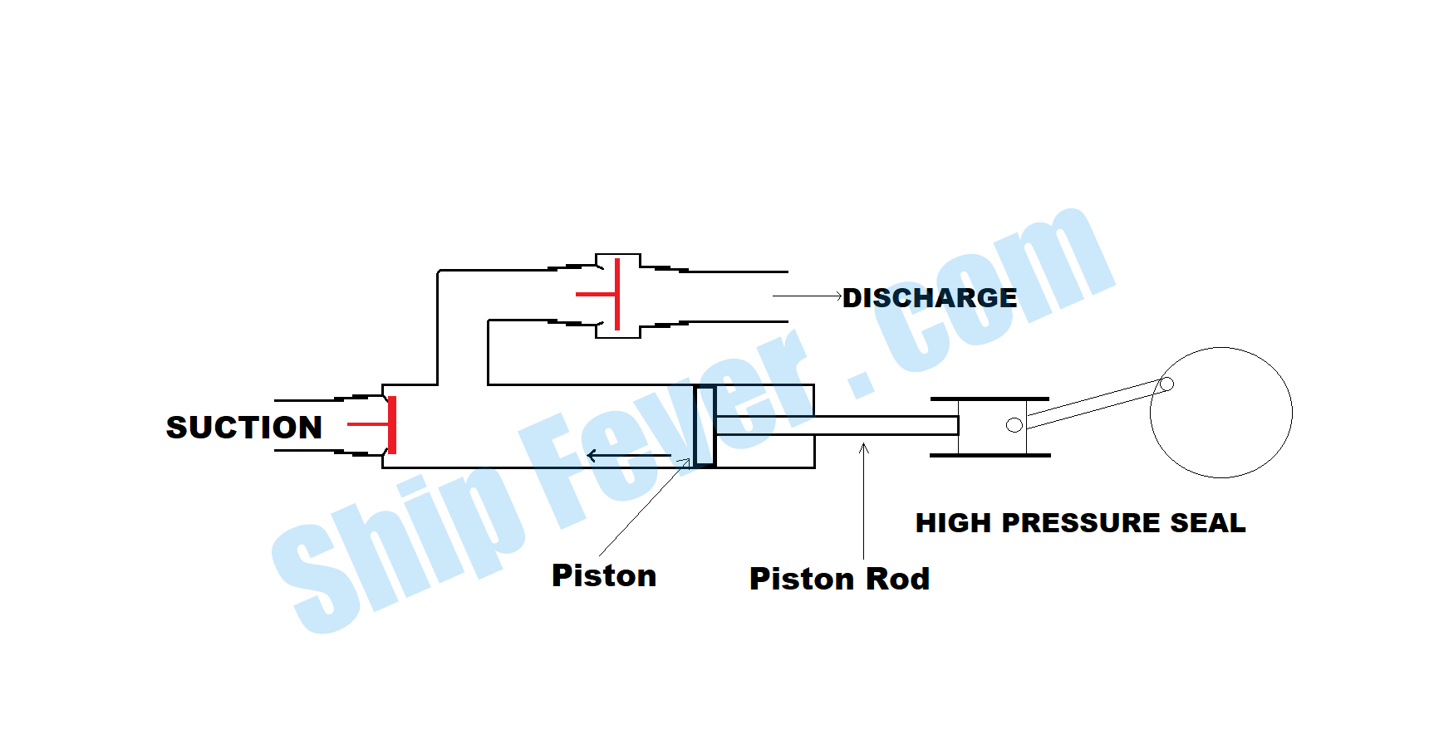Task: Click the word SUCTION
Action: [x=243, y=428]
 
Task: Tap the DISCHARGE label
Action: [x=929, y=298]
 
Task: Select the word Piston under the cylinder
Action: [x=604, y=575]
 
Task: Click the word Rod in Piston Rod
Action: [x=897, y=579]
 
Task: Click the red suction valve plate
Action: [x=392, y=425]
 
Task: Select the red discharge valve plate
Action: [x=616, y=294]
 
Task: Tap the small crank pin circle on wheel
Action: [x=1166, y=384]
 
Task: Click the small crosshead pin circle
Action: [x=1014, y=425]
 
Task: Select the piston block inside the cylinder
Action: [x=705, y=426]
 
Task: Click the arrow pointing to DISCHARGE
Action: [x=806, y=296]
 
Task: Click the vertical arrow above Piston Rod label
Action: [x=863, y=498]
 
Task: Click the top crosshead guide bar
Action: [x=990, y=399]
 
